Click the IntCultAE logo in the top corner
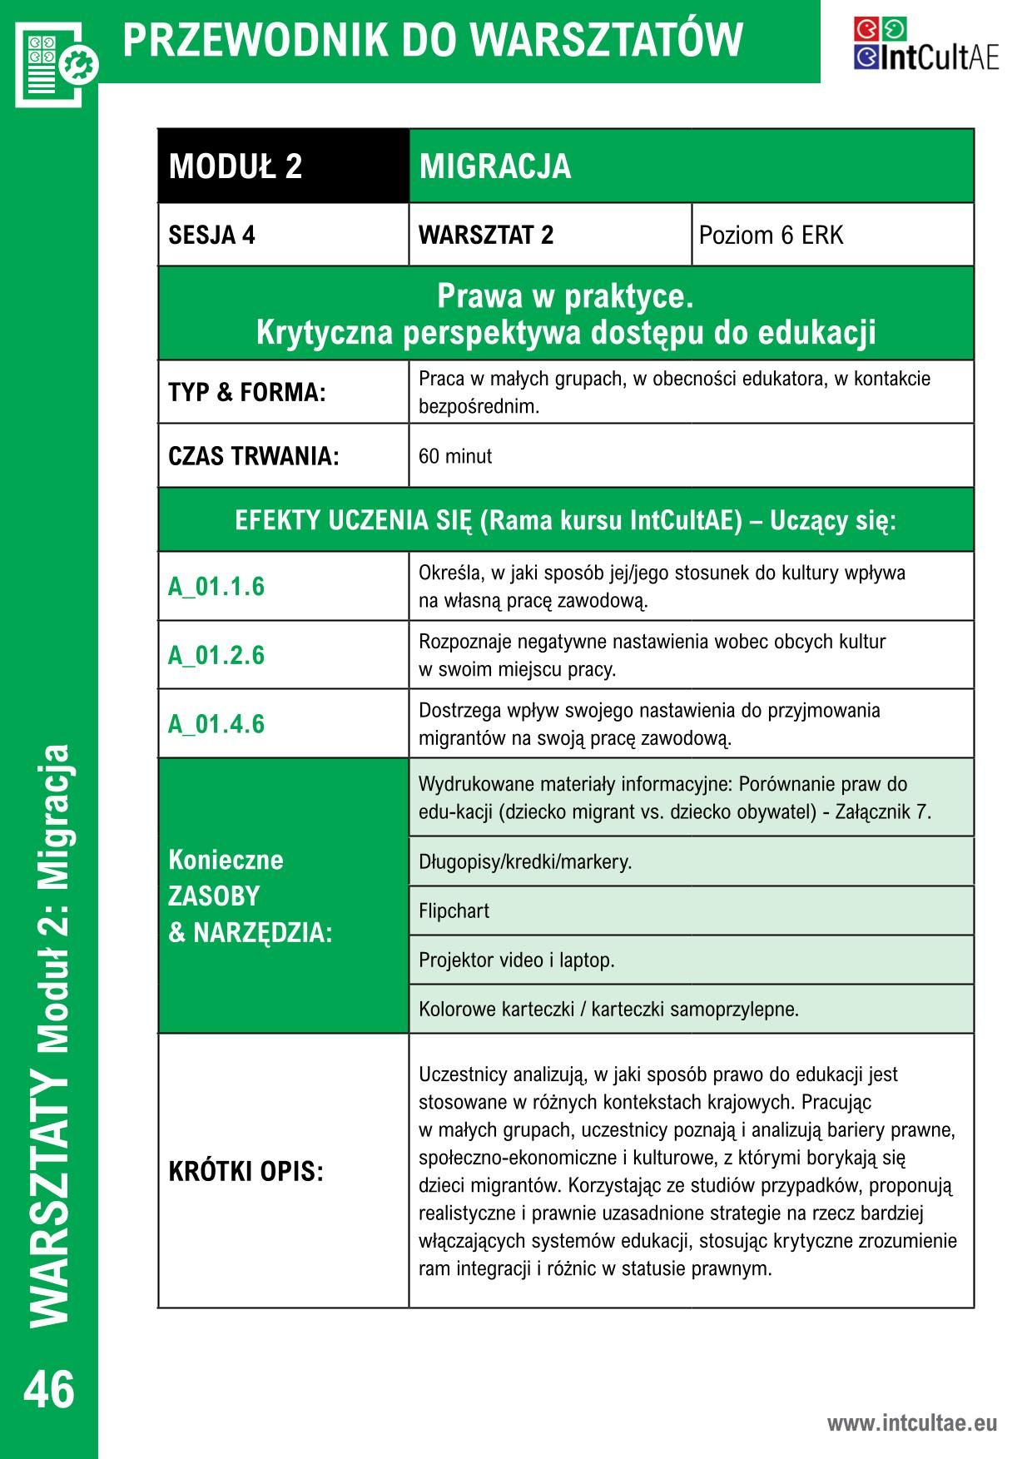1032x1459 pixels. click(x=925, y=44)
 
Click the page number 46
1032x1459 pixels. click(x=49, y=1389)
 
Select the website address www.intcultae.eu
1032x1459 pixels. click(x=911, y=1422)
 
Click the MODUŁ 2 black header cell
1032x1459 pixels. click(x=283, y=166)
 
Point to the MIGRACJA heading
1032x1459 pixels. click(x=495, y=166)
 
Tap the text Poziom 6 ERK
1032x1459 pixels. click(x=771, y=236)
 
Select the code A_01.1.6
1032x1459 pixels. click(x=216, y=587)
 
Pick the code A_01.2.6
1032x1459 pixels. click(x=216, y=655)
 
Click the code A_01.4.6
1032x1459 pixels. click(x=216, y=723)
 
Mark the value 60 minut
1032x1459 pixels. click(x=455, y=456)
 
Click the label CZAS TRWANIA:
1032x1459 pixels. click(x=254, y=456)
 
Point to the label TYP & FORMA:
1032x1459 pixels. click(x=246, y=392)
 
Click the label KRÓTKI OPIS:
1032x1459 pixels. click(x=246, y=1172)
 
